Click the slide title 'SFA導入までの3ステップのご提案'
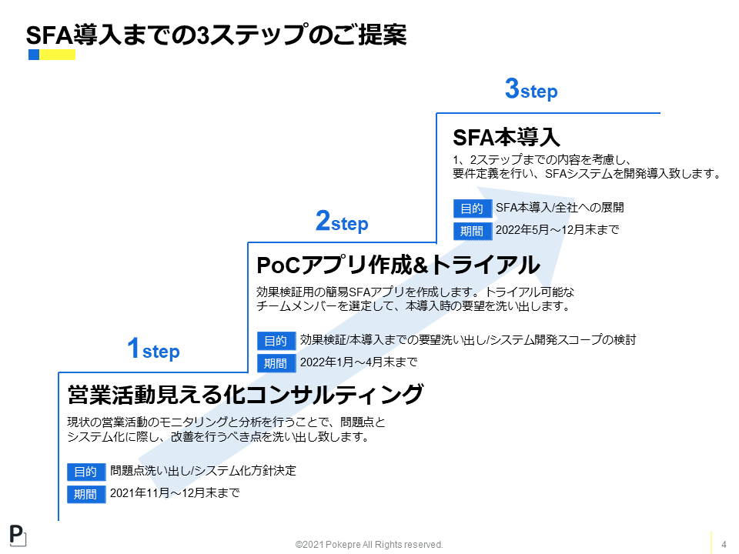pyautogui.click(x=216, y=35)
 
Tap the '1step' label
pyautogui.click(x=153, y=350)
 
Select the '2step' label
pyautogui.click(x=342, y=222)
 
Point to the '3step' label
pyautogui.click(x=530, y=90)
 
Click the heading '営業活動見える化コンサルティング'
pyautogui.click(x=246, y=394)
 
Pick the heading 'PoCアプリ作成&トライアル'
pyautogui.click(x=398, y=265)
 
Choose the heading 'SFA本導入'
pyautogui.click(x=506, y=137)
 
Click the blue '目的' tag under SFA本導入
pyautogui.click(x=472, y=209)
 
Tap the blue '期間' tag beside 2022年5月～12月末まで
pyautogui.click(x=472, y=231)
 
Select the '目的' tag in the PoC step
pyautogui.click(x=276, y=341)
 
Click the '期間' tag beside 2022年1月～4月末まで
pyautogui.click(x=276, y=363)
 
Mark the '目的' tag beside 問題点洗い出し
pyautogui.click(x=85, y=472)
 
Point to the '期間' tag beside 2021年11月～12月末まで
pyautogui.click(x=85, y=494)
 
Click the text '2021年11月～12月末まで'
pyautogui.click(x=175, y=492)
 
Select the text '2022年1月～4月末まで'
pyautogui.click(x=359, y=362)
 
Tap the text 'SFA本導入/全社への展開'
pyautogui.click(x=560, y=207)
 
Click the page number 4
pyautogui.click(x=724, y=545)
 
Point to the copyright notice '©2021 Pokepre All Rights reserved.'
pyautogui.click(x=369, y=545)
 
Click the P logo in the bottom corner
pyautogui.click(x=18, y=536)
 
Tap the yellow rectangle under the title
pyautogui.click(x=58, y=55)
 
